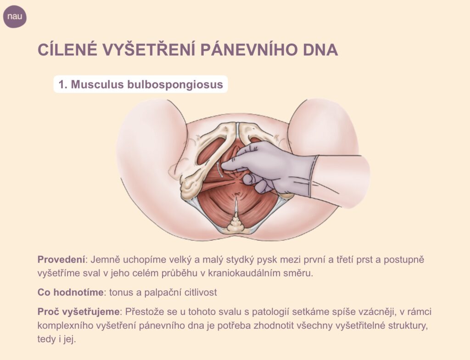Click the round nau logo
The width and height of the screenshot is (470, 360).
tap(15, 17)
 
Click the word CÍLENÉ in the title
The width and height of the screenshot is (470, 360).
tap(68, 50)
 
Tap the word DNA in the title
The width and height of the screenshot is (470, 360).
tap(320, 50)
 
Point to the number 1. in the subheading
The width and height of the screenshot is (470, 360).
tap(63, 84)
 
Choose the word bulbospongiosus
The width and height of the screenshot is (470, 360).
tap(175, 85)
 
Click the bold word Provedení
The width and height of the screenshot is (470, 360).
tap(62, 259)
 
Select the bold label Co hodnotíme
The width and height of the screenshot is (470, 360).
tap(70, 292)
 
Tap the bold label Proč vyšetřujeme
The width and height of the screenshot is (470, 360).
tap(78, 312)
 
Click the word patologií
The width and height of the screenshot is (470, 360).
tap(270, 312)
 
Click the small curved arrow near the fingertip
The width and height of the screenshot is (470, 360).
tap(219, 170)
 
